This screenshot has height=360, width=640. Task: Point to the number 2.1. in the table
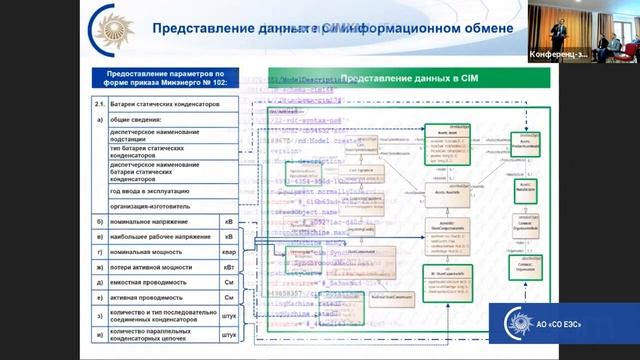click(x=98, y=104)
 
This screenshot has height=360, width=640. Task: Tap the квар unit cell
click(x=230, y=253)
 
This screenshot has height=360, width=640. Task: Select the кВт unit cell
click(x=230, y=268)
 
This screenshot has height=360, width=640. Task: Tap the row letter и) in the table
click(x=98, y=336)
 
